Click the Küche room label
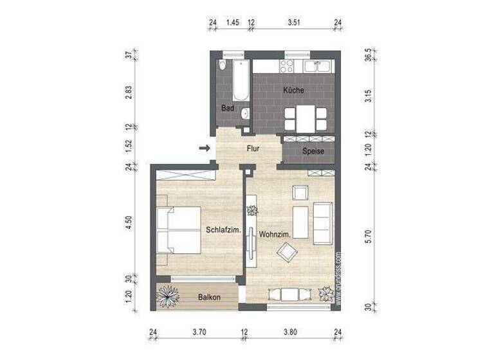pyautogui.click(x=293, y=91)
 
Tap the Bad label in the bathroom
pyautogui.click(x=227, y=108)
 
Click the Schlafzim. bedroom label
pyautogui.click(x=223, y=230)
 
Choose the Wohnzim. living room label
pyautogui.click(x=275, y=235)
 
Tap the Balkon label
pyautogui.click(x=209, y=297)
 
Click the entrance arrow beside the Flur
pyautogui.click(x=205, y=149)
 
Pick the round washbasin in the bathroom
pyautogui.click(x=245, y=114)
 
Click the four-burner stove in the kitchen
pyautogui.click(x=286, y=66)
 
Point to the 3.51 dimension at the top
pyautogui.click(x=294, y=22)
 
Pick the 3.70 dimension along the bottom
pyautogui.click(x=199, y=333)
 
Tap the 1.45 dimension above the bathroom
pyautogui.click(x=233, y=22)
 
